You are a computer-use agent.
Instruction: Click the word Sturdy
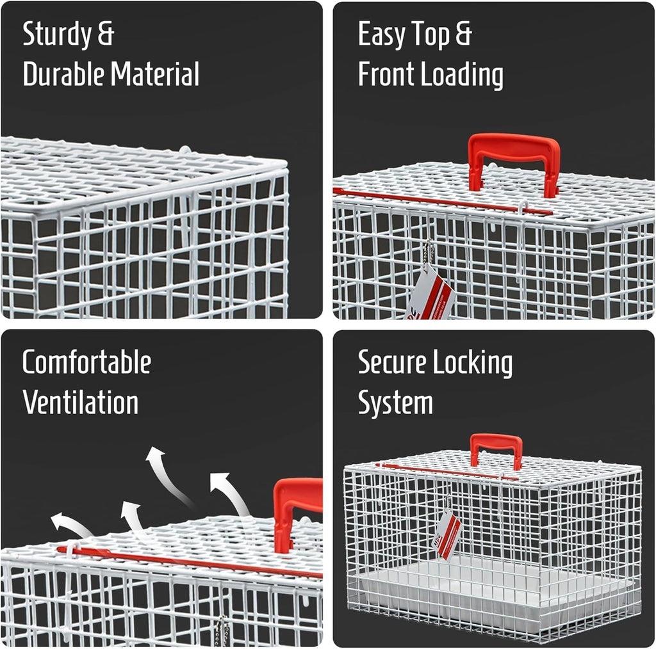[x=57, y=35]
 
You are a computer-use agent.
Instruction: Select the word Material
[x=155, y=74]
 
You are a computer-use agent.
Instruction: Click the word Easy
[x=382, y=35]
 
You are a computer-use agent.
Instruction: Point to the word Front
[x=385, y=74]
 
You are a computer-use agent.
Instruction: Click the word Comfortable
[x=86, y=362]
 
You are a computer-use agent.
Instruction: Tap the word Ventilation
[x=80, y=403]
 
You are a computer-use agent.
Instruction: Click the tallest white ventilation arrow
[x=167, y=474]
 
